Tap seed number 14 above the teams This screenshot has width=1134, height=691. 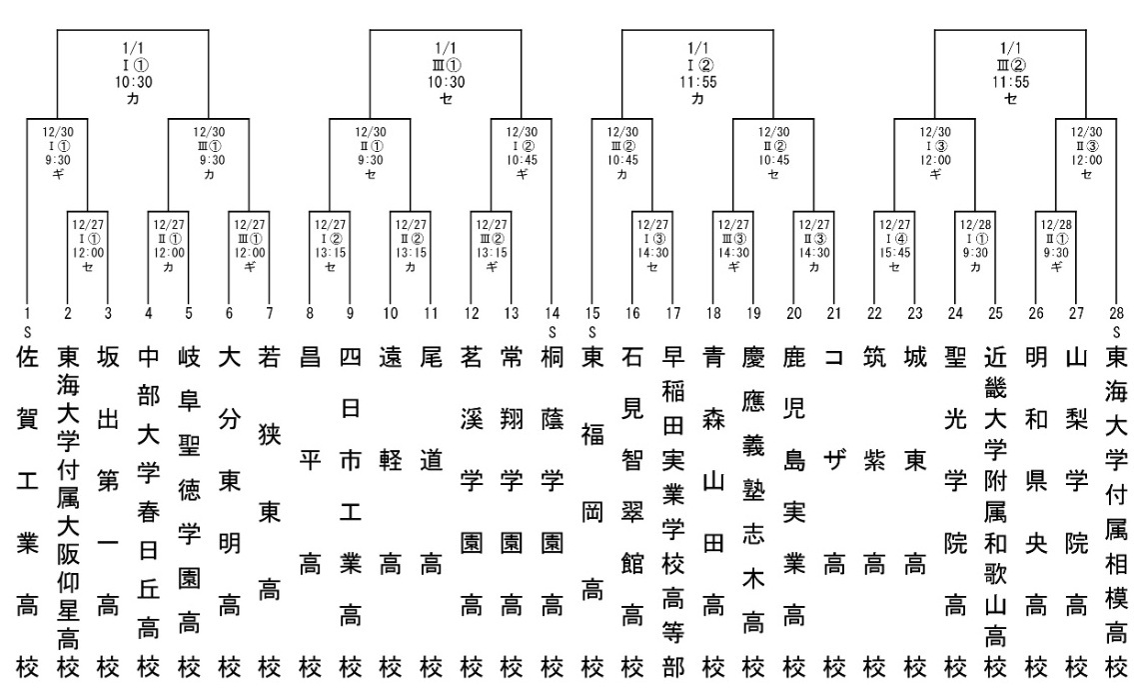[552, 314]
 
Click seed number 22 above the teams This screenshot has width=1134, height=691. [874, 314]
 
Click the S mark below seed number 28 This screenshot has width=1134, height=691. [1117, 331]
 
